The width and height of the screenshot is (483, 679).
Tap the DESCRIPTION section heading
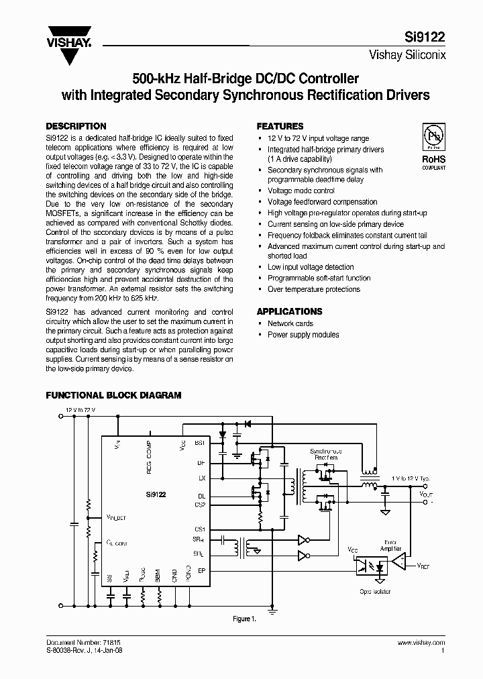point(75,126)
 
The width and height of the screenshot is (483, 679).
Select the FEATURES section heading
point(280,126)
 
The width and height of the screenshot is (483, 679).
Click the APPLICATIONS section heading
point(290,311)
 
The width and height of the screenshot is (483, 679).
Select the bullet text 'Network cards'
point(290,323)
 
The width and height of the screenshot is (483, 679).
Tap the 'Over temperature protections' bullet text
point(313,289)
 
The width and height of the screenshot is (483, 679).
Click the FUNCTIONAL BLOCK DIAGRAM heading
point(113,395)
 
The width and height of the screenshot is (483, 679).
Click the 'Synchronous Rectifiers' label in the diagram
point(326,455)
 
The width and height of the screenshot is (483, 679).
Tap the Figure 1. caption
point(245,619)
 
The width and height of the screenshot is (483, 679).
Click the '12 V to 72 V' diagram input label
point(80,409)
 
